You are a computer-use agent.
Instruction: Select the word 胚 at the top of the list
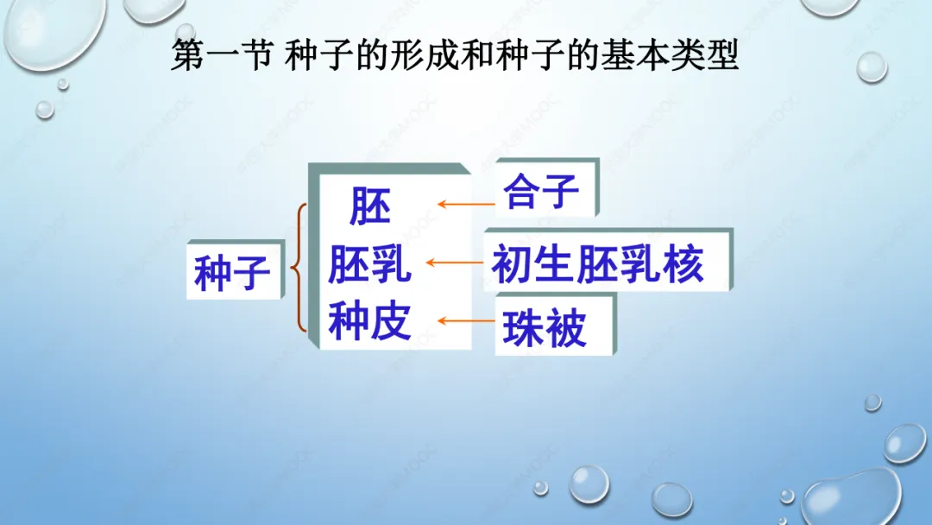point(369,206)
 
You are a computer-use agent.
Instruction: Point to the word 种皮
point(369,321)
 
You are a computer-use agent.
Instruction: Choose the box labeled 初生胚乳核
point(608,260)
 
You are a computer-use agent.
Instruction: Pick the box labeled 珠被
point(556,324)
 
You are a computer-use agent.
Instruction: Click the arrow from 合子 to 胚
point(466,204)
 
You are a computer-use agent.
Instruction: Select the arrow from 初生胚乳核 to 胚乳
point(455,262)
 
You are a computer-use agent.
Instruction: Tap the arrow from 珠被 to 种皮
point(466,321)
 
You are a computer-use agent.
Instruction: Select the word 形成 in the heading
point(425,55)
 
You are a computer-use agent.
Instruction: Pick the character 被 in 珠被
point(566,327)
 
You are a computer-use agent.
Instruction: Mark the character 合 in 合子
point(520,191)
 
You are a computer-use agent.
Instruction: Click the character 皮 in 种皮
point(391,321)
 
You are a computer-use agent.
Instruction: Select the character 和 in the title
point(476,55)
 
